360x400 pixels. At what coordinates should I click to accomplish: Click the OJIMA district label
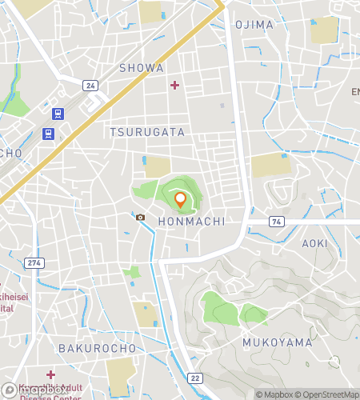tap(254, 25)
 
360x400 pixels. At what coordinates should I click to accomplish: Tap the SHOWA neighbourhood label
tap(142, 68)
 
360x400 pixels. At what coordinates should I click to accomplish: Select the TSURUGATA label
tap(147, 132)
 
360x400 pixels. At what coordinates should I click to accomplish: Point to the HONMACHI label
tap(190, 221)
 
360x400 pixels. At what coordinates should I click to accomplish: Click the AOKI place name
tap(314, 242)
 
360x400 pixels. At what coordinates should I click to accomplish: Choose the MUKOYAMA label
tap(277, 342)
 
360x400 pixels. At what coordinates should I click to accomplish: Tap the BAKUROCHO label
tap(88, 349)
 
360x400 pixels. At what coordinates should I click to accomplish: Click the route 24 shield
tap(90, 85)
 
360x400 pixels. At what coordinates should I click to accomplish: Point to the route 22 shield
tap(194, 378)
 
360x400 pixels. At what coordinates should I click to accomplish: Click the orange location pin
tap(180, 200)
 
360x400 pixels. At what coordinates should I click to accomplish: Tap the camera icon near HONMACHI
tap(141, 217)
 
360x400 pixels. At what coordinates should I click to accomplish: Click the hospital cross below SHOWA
tap(175, 85)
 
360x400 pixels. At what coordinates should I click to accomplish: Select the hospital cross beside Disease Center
tap(50, 374)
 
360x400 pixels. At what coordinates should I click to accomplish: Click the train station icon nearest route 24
tap(58, 114)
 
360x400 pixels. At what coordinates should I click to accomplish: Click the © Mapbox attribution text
tap(273, 394)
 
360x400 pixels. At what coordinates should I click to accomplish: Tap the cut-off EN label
tap(354, 92)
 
